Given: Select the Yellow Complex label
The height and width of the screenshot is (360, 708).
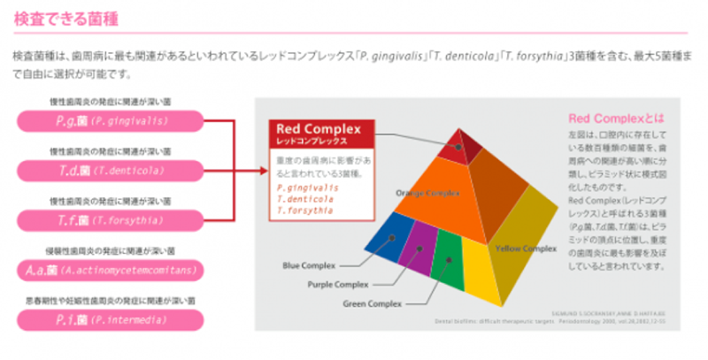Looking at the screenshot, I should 526,249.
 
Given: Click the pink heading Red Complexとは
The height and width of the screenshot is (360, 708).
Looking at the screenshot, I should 616,118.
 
